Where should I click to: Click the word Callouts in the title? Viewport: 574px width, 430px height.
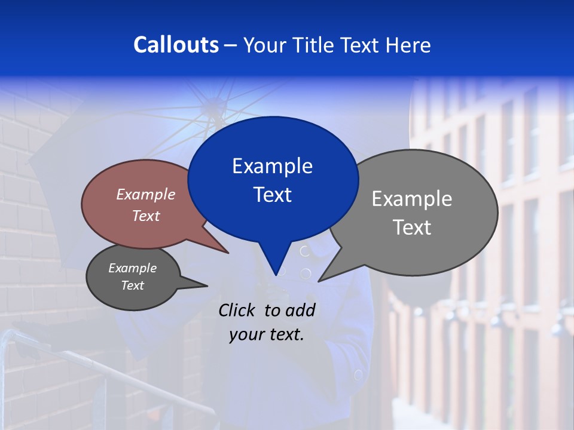(176, 45)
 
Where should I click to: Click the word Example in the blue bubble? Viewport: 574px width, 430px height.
(272, 165)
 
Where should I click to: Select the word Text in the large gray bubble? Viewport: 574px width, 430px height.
(412, 228)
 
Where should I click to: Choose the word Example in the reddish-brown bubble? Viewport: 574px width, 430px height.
(145, 194)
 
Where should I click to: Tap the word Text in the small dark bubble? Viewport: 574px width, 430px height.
(132, 285)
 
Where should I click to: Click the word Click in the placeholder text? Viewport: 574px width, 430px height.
(238, 310)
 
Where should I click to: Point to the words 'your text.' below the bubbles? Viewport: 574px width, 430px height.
(267, 334)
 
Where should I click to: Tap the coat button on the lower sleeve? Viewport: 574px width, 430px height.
(358, 374)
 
